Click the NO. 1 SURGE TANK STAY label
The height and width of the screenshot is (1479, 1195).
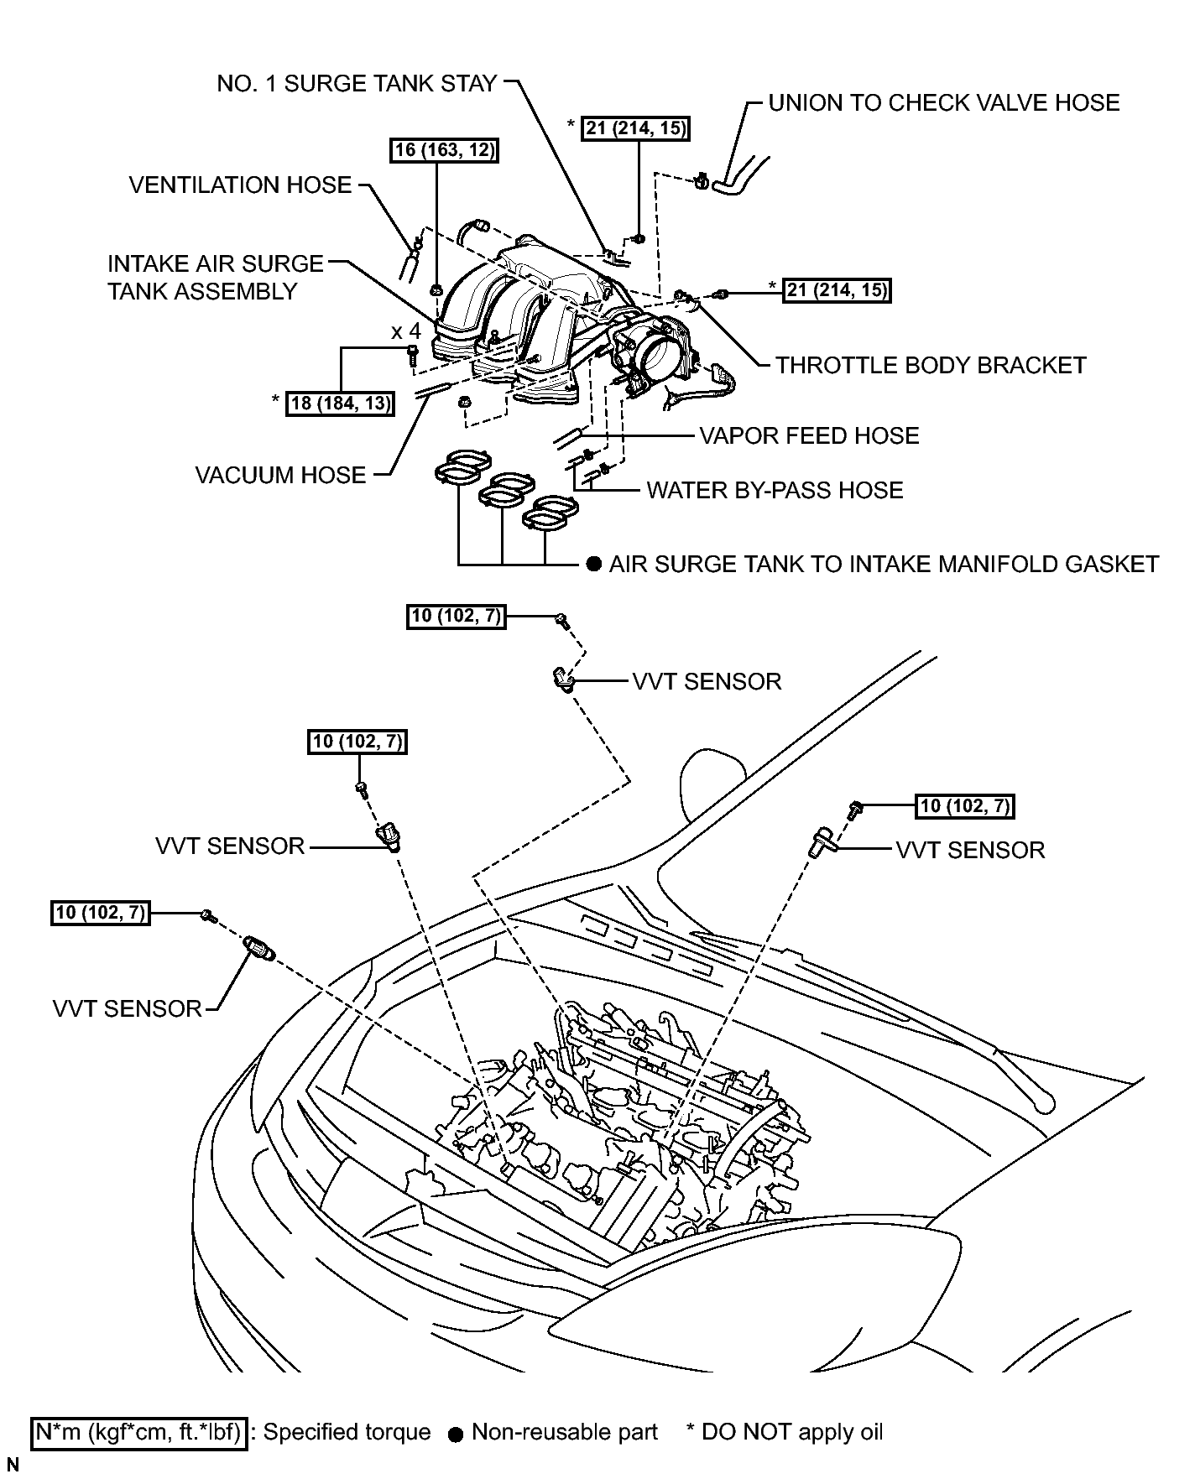click(357, 84)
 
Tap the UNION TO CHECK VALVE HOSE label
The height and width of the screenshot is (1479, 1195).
click(944, 102)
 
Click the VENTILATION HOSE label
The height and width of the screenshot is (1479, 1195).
click(241, 185)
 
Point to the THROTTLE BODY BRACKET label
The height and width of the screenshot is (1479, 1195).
click(931, 365)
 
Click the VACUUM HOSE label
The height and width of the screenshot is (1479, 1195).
click(281, 475)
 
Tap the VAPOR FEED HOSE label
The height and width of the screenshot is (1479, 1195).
click(810, 435)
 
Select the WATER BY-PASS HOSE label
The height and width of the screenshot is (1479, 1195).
click(775, 490)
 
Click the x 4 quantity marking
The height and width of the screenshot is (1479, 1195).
click(406, 331)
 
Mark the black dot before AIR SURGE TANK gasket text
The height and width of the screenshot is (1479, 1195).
click(594, 564)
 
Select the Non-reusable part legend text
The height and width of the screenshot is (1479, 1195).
click(565, 1431)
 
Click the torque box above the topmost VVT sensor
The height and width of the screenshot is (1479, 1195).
click(457, 617)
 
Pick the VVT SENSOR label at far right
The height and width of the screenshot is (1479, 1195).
click(971, 850)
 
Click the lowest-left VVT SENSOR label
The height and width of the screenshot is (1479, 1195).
click(128, 1008)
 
